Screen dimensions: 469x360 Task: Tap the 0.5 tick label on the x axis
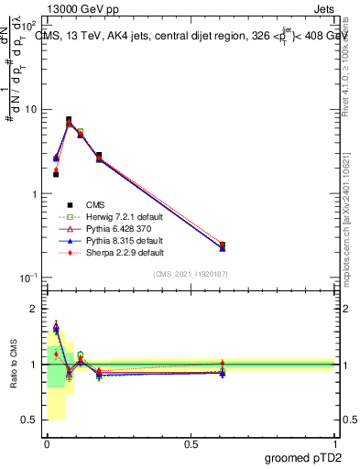click(191, 442)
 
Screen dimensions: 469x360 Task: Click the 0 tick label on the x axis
click(47, 442)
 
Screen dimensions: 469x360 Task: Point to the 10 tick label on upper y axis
click(31, 110)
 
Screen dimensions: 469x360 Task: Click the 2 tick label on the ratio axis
click(35, 309)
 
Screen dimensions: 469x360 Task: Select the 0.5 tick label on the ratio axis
click(30, 420)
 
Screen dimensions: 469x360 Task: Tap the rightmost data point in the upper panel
click(223, 245)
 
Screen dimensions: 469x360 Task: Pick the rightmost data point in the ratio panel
click(223, 371)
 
